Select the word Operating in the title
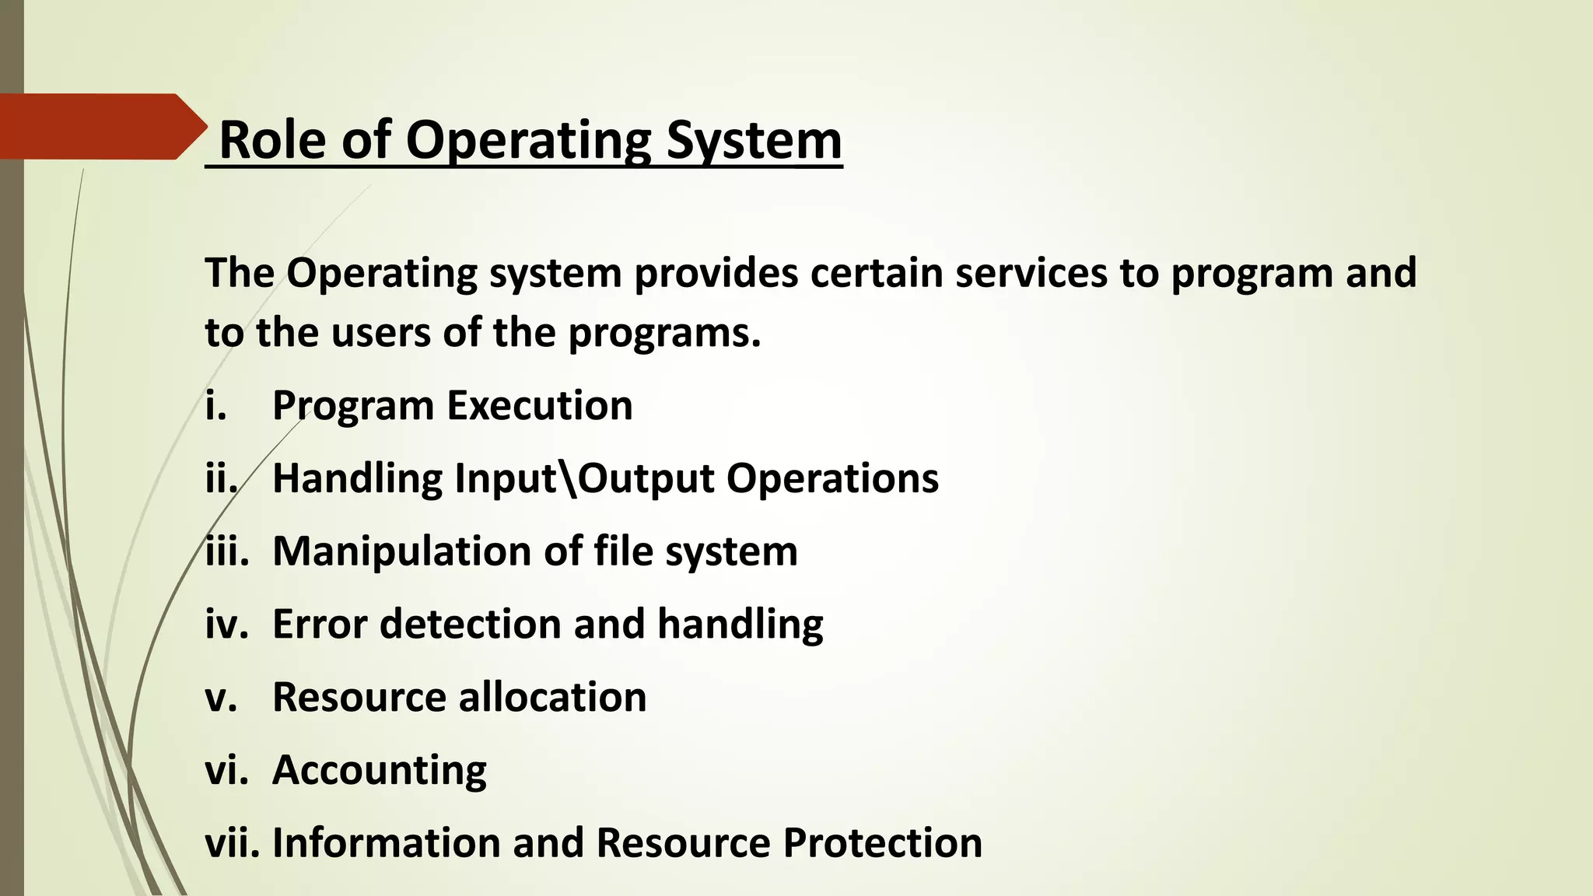click(528, 142)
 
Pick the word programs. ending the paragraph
click(664, 333)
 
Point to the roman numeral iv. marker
click(226, 624)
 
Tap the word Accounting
click(380, 770)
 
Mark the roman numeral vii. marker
click(232, 842)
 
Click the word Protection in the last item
click(883, 842)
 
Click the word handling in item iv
click(740, 625)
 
